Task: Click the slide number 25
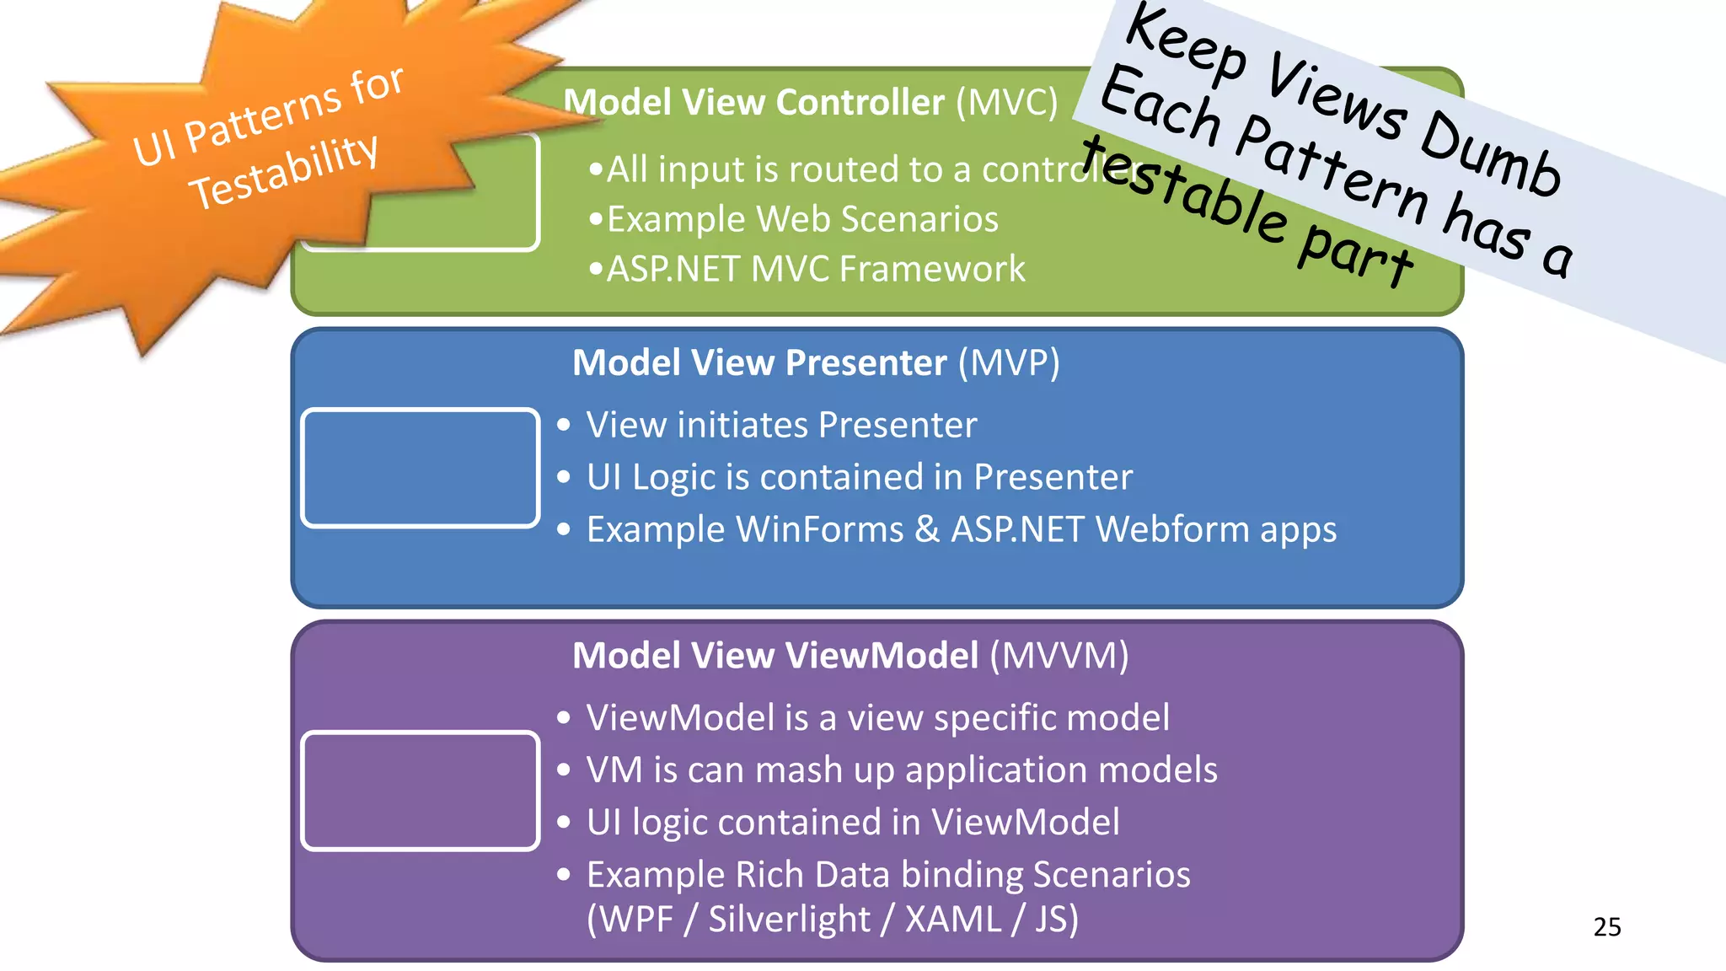pos(1606,926)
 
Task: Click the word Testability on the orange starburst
pos(283,172)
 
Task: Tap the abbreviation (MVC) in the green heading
pos(1006,102)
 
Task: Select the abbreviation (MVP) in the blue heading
pos(1009,362)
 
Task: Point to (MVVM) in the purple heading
pos(1059,655)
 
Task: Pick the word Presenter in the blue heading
pos(866,362)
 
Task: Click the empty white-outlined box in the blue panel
pos(421,468)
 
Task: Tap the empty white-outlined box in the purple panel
pos(421,791)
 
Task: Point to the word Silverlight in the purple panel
pos(789,919)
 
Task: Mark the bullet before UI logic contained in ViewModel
pos(564,823)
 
